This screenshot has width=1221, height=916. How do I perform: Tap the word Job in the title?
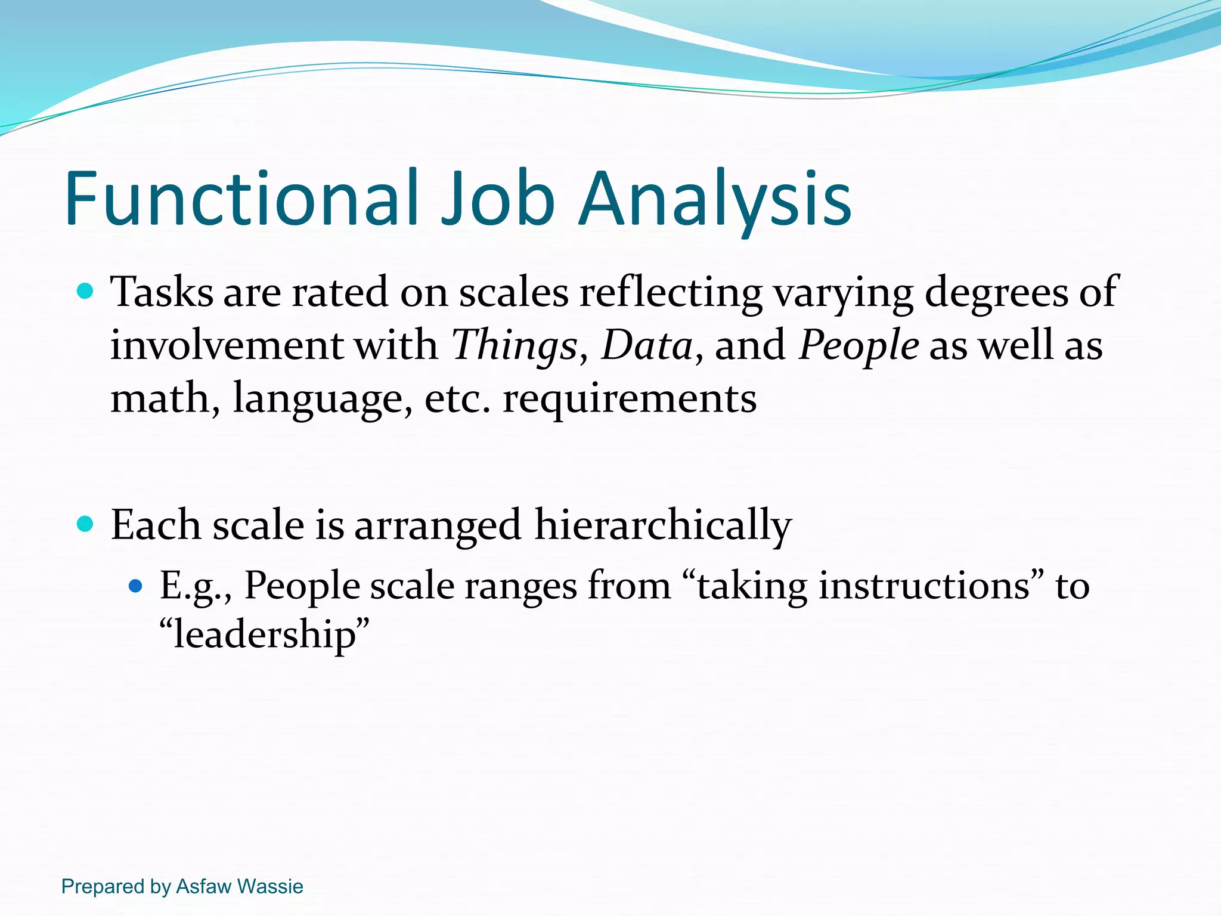click(x=498, y=198)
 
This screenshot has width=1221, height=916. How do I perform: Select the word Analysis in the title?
click(x=715, y=198)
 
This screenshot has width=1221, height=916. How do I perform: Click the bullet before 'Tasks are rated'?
click(x=86, y=292)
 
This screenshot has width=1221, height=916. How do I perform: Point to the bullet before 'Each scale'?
click(x=86, y=524)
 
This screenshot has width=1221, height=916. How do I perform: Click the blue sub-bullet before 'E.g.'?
click(x=136, y=586)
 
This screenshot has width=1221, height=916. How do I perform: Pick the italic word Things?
click(x=515, y=346)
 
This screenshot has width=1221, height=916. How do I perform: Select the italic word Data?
click(x=647, y=346)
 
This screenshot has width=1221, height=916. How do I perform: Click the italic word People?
click(x=859, y=346)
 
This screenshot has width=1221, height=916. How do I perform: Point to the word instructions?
click(x=924, y=586)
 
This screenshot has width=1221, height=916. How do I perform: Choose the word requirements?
click(x=630, y=398)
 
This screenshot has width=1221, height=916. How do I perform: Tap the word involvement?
click(x=226, y=346)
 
